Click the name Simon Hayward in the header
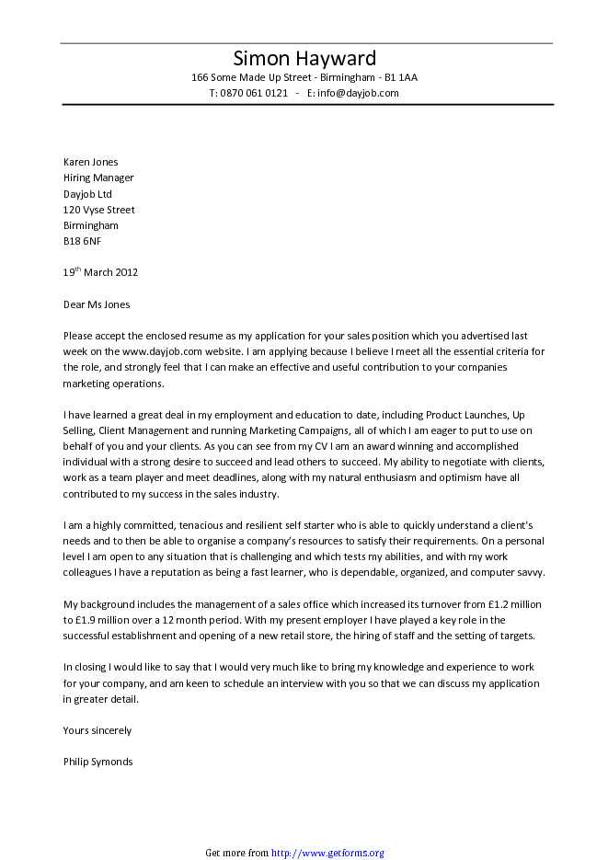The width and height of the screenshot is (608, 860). tap(304, 59)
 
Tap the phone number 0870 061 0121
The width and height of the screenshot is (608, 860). tap(254, 93)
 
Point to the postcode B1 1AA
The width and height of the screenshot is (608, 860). tap(401, 77)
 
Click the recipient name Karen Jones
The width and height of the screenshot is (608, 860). tap(90, 162)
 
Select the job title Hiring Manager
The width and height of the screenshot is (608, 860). tap(98, 178)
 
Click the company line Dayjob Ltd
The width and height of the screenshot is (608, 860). tap(87, 194)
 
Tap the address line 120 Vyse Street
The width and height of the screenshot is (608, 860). tap(98, 210)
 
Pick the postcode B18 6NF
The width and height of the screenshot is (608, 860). tap(82, 241)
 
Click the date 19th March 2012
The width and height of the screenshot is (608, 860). tap(100, 272)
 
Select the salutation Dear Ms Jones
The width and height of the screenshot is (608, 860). tap(97, 304)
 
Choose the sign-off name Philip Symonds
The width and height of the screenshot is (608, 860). tap(98, 762)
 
